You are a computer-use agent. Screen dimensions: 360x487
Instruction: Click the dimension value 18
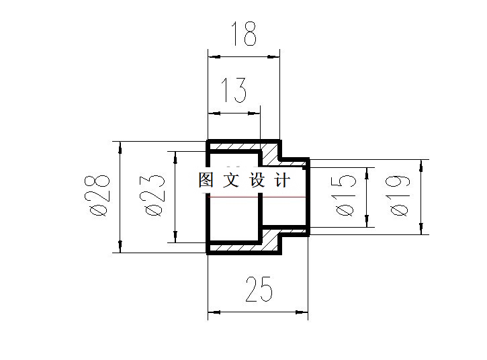(244, 35)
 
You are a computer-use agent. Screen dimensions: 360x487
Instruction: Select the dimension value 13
(234, 91)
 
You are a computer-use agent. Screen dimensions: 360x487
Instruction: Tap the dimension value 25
(259, 290)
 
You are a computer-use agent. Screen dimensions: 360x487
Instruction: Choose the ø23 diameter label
(154, 195)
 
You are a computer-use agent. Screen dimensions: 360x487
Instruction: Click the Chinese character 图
(206, 181)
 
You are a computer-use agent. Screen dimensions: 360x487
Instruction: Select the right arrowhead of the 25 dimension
(304, 312)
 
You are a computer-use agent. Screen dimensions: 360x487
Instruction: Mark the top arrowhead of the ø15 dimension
(367, 173)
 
